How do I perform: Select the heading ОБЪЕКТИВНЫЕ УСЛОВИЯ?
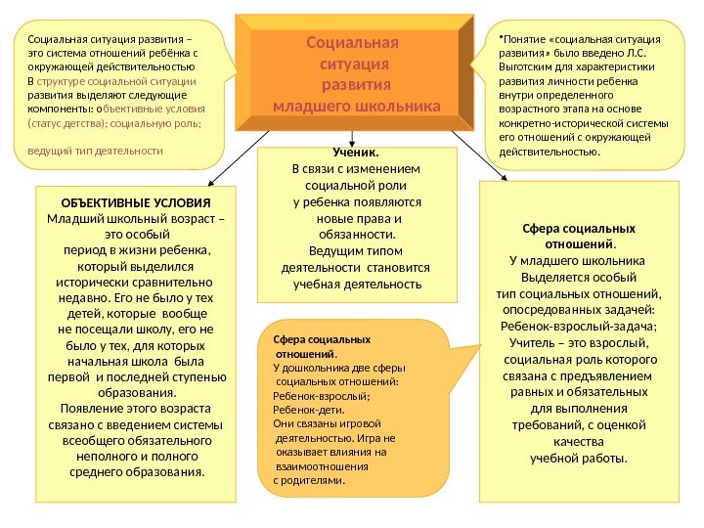point(136,201)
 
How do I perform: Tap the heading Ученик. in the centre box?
point(356,153)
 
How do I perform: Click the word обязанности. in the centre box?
point(356,234)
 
